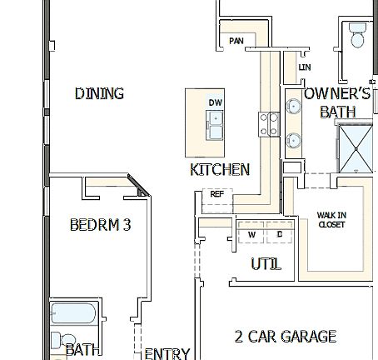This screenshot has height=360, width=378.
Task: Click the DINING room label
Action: pyautogui.click(x=99, y=93)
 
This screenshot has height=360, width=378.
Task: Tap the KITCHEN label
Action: pyautogui.click(x=220, y=170)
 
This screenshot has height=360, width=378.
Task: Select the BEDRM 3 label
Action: pyautogui.click(x=100, y=225)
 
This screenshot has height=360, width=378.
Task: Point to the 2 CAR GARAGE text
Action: pyautogui.click(x=286, y=337)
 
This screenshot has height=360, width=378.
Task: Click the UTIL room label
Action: pyautogui.click(x=266, y=264)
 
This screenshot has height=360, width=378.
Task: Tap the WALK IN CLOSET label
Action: pyautogui.click(x=331, y=219)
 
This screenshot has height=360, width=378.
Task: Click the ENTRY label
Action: pyautogui.click(x=167, y=353)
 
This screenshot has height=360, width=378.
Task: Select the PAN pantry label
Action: pyautogui.click(x=236, y=40)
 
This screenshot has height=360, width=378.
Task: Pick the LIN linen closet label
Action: pyautogui.click(x=304, y=67)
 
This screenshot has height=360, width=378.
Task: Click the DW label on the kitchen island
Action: pyautogui.click(x=216, y=102)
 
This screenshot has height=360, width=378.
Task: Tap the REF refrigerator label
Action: pyautogui.click(x=217, y=194)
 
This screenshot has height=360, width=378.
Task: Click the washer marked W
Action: pyautogui.click(x=251, y=235)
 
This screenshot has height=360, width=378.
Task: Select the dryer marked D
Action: pyautogui.click(x=279, y=235)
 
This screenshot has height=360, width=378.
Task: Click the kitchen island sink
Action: pyautogui.click(x=216, y=125)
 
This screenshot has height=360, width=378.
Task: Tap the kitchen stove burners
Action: pyautogui.click(x=271, y=125)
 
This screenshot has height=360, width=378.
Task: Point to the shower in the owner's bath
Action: pyautogui.click(x=356, y=147)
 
